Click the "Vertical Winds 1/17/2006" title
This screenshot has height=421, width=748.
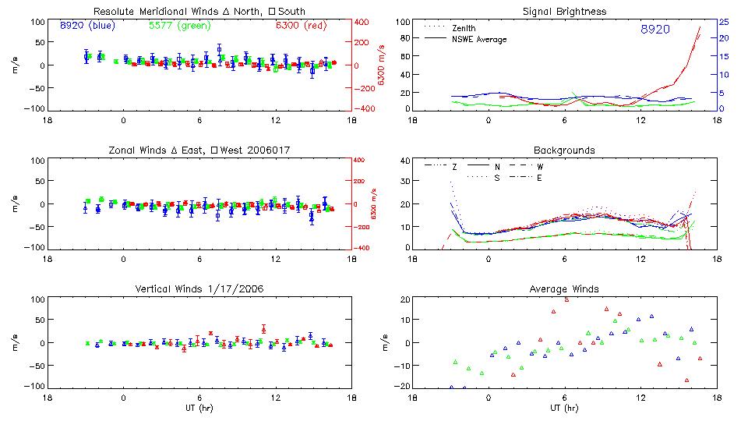click(x=199, y=289)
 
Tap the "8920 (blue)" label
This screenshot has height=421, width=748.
click(x=87, y=26)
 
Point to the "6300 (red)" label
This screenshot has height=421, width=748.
click(x=303, y=26)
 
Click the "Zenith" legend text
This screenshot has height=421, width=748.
click(x=464, y=28)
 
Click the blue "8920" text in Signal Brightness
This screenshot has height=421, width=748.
click(x=654, y=30)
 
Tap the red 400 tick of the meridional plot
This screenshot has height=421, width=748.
click(x=363, y=22)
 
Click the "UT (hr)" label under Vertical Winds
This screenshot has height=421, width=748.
click(x=199, y=408)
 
